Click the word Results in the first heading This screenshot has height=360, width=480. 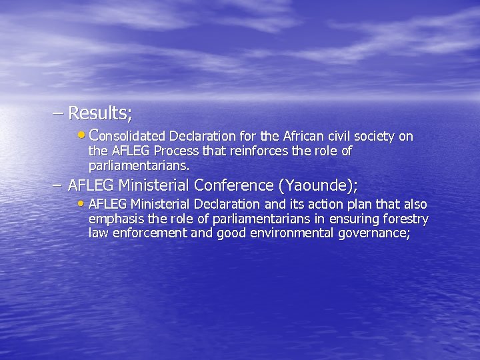[99, 113]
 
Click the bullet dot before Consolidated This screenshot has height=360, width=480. [82, 135]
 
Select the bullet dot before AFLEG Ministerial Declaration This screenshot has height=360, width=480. [82, 203]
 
